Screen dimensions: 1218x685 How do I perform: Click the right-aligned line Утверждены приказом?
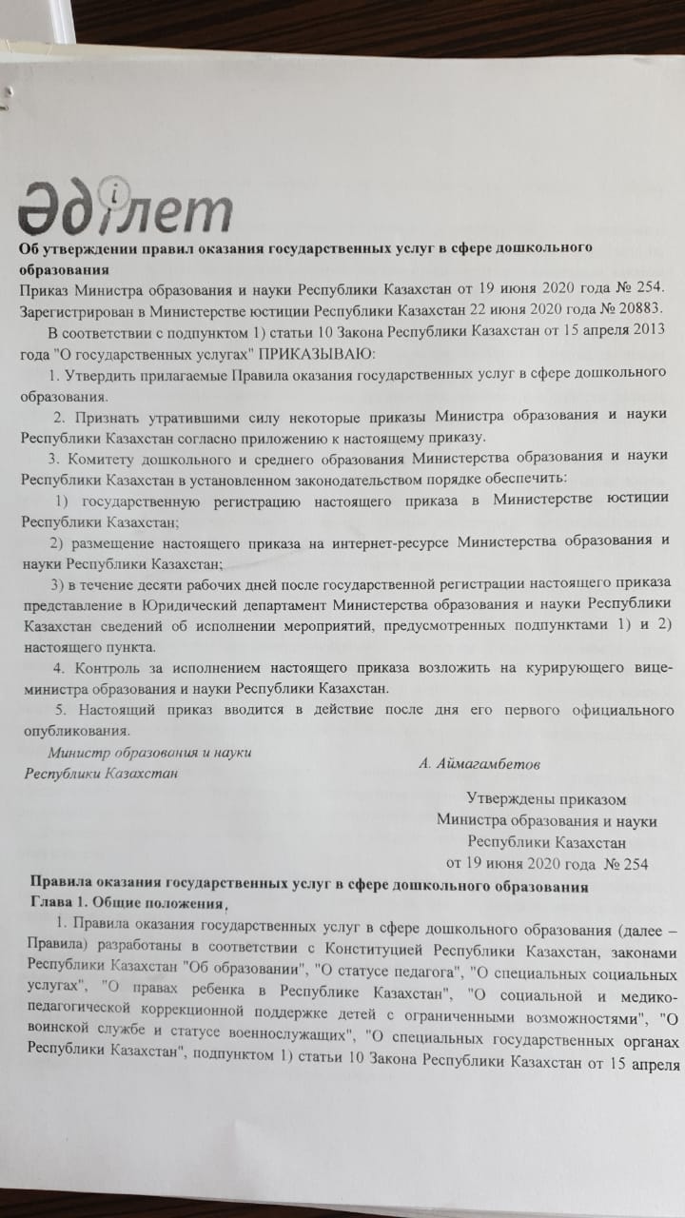546,800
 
